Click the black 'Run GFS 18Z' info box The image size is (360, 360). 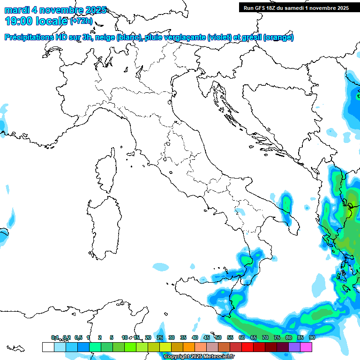pyautogui.click(x=295, y=7)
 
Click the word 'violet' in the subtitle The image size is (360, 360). pyautogui.click(x=220, y=37)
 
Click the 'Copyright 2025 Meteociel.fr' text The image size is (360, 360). pyautogui.click(x=199, y=357)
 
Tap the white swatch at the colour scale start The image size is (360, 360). pyautogui.click(x=48, y=347)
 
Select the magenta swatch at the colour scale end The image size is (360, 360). pyautogui.click(x=306, y=347)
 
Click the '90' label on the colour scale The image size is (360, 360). pyautogui.click(x=312, y=337)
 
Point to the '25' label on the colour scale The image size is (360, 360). pyautogui.click(x=159, y=337)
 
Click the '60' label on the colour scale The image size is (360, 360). pyautogui.click(x=241, y=337)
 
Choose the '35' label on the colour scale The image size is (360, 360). pyautogui.click(x=183, y=337)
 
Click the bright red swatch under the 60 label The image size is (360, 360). pyautogui.click(x=247, y=347)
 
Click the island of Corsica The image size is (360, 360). pyautogui.click(x=107, y=171)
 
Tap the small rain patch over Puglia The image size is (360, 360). pyautogui.click(x=285, y=202)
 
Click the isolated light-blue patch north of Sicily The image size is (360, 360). pyautogui.click(x=160, y=267)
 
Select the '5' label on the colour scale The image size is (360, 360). pyautogui.click(x=112, y=337)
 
